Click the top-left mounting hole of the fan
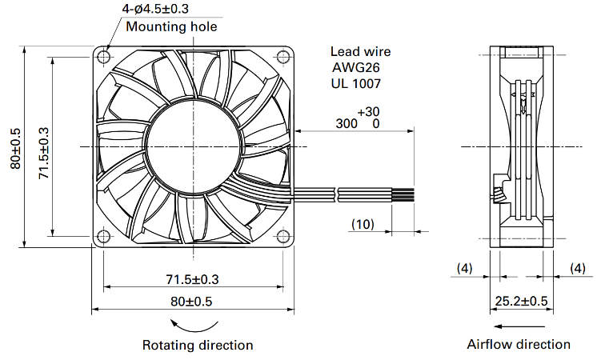coord(103,57)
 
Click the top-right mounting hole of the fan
coord(283,57)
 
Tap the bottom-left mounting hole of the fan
coord(103,236)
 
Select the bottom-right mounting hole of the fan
coord(283,236)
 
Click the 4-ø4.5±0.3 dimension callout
coord(155,9)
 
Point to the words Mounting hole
coord(171,26)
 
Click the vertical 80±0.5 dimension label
coord(15,148)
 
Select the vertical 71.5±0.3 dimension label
coord(44,153)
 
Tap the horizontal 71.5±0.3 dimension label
coord(192,279)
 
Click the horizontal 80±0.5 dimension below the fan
coord(191,302)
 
